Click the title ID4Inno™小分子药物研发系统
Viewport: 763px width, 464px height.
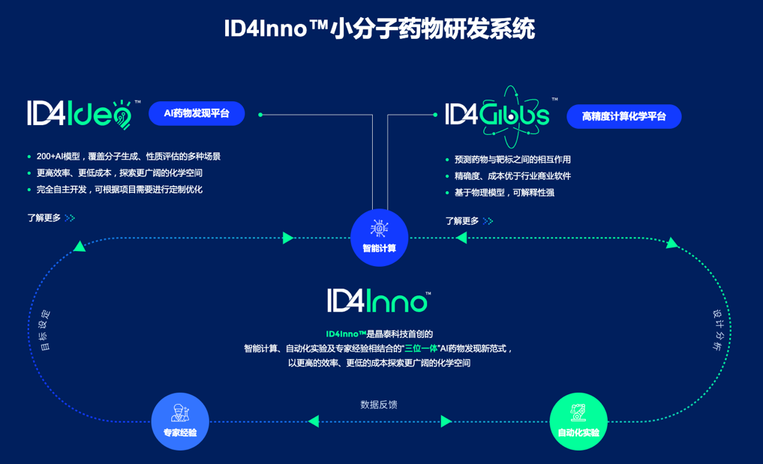380,29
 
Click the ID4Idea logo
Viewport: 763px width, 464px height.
80,114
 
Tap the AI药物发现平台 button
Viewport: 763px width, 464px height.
197,113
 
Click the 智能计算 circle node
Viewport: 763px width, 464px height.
379,238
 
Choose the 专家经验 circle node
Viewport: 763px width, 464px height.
180,421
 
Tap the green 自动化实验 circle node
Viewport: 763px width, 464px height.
578,421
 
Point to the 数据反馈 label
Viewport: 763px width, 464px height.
379,405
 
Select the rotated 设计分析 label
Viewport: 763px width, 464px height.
716,331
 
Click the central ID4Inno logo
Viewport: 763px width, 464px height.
379,301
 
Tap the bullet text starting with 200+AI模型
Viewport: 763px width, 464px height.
128,157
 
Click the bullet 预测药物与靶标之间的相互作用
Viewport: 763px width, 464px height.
512,160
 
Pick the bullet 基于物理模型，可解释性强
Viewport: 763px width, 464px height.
504,193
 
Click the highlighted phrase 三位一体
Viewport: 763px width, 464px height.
420,349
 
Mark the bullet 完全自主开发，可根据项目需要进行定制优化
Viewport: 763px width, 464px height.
119,190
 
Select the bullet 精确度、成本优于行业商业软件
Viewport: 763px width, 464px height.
512,176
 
